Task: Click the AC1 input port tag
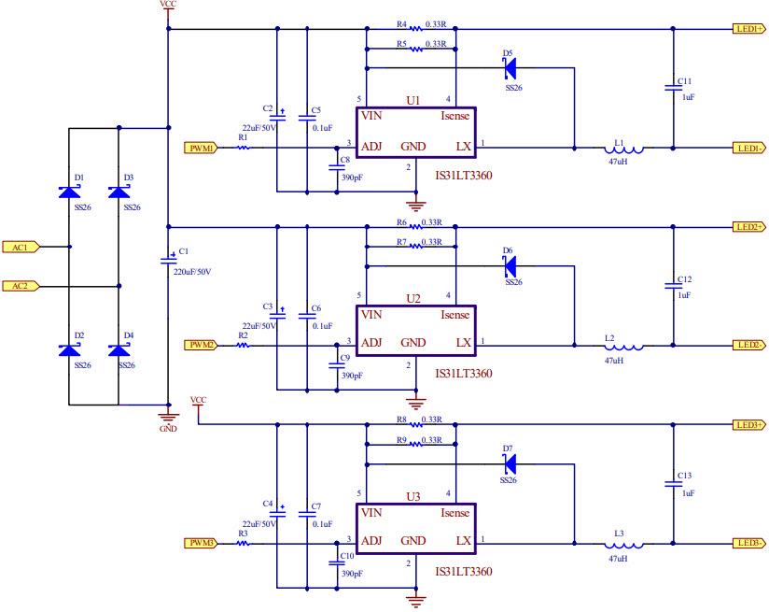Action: coord(20,248)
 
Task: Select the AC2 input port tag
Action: coord(20,285)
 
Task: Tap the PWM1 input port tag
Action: coord(201,148)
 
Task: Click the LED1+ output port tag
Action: coord(748,29)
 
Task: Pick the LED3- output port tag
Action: coord(748,543)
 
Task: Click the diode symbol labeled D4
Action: coord(119,349)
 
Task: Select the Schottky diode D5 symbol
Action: coord(509,68)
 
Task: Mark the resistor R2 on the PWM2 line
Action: coord(244,345)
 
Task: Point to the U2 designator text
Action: coord(413,298)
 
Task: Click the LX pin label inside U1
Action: coord(463,147)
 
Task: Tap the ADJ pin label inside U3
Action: coord(371,542)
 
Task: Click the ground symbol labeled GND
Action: coord(167,417)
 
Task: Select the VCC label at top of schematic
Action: coord(167,5)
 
